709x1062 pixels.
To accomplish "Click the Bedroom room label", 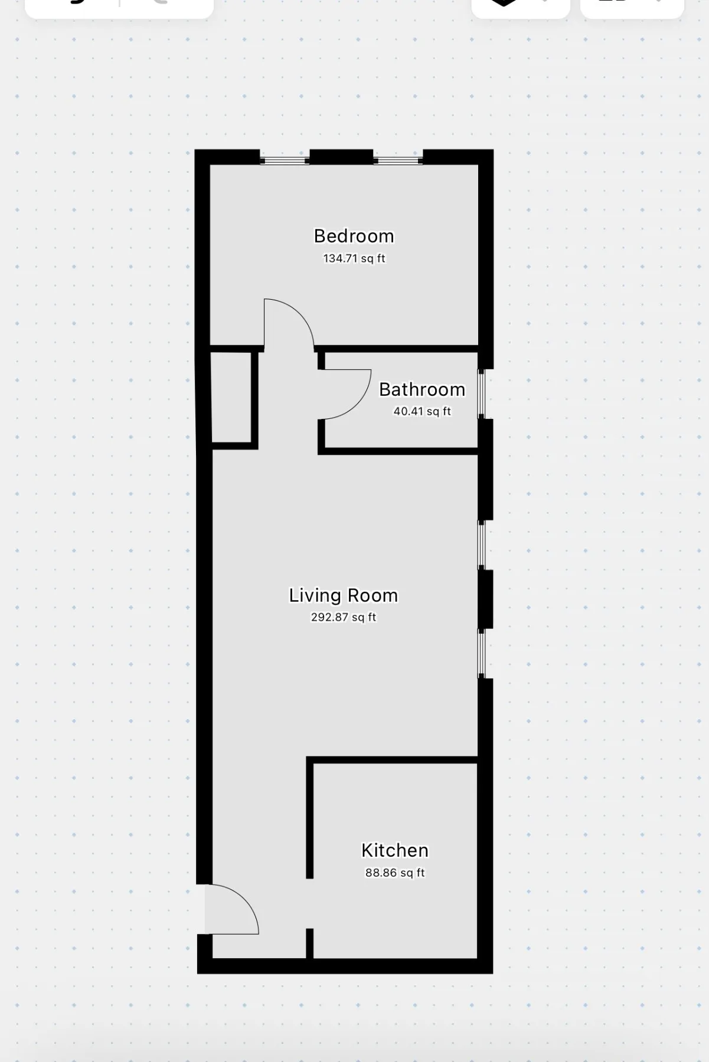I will (x=354, y=236).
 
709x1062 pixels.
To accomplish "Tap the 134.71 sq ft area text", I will (x=354, y=258).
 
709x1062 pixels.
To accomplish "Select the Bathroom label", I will (x=422, y=389).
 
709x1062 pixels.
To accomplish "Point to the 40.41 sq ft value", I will (x=422, y=411).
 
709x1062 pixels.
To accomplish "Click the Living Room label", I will (x=343, y=595).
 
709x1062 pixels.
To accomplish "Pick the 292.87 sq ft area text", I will (x=343, y=617).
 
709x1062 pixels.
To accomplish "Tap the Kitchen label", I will (x=394, y=850).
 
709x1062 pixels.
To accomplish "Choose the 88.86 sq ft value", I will (x=394, y=873).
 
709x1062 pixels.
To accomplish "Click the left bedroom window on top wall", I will (x=285, y=159).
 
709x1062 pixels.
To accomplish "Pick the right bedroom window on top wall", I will (x=398, y=159).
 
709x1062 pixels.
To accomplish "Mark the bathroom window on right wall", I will (x=482, y=394).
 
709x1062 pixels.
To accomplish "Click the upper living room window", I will (x=482, y=545).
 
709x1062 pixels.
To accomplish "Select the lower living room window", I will (x=482, y=653).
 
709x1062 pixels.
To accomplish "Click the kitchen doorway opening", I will (x=309, y=903).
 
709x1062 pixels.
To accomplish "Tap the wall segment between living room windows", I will (x=485, y=599).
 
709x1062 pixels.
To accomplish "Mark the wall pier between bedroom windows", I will (x=341, y=157).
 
